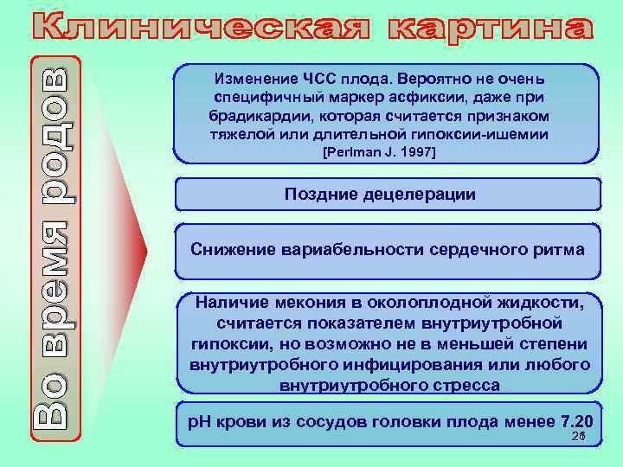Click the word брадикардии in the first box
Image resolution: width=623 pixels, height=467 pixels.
258,116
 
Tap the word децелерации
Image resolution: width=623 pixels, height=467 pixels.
424,195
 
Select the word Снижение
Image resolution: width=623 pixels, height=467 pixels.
232,249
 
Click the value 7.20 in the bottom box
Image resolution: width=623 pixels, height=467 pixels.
576,422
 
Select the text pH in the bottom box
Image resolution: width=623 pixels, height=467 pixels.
199,422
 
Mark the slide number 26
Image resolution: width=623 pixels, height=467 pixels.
578,438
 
